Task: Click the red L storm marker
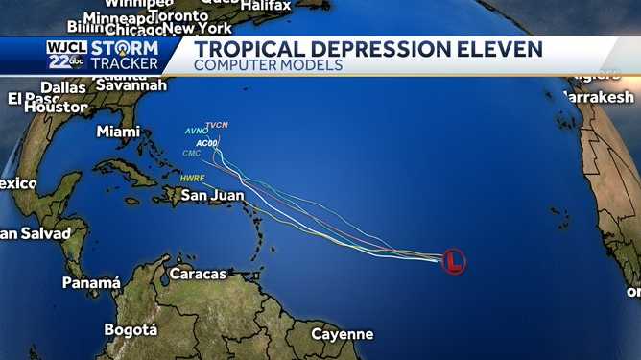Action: [x=454, y=260]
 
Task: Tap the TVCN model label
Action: [x=217, y=126]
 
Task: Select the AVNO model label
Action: [x=195, y=132]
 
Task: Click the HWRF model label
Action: [x=193, y=178]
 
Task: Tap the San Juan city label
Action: [x=215, y=195]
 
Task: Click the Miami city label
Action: [x=118, y=132]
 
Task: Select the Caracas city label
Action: [x=198, y=274]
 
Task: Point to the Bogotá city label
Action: [x=131, y=329]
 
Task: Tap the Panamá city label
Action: [x=91, y=283]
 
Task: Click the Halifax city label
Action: [x=266, y=6]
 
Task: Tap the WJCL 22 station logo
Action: [x=64, y=55]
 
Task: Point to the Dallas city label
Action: [x=63, y=87]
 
